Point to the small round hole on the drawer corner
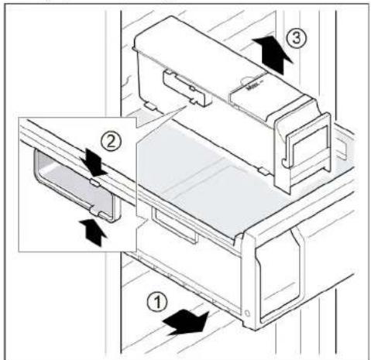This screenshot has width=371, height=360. pos(247,314)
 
